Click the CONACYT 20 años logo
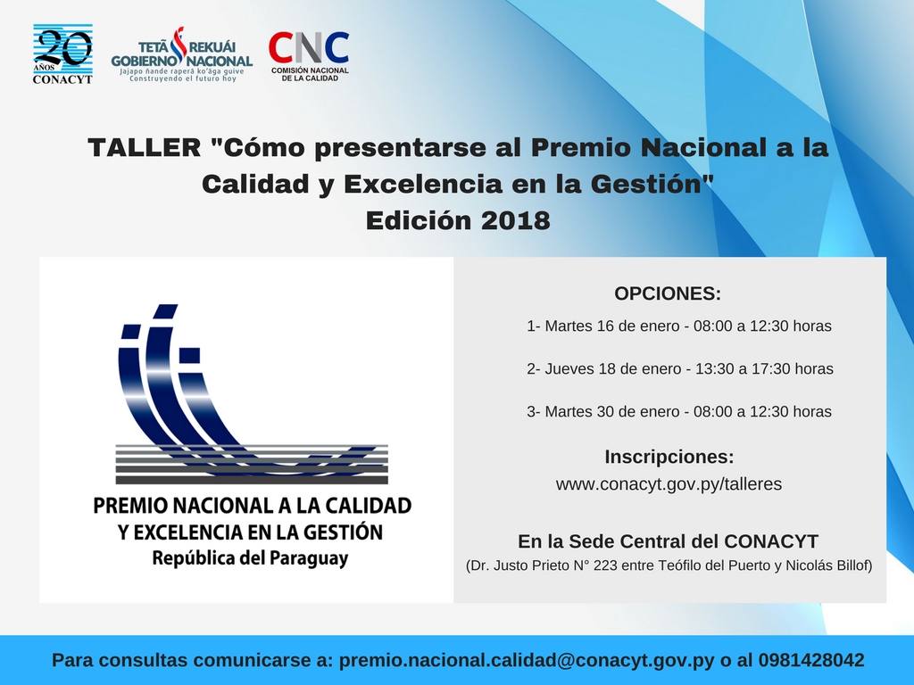(62, 54)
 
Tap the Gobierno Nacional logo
(182, 54)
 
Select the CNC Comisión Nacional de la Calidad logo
(309, 56)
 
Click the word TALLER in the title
(145, 147)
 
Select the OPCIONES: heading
(668, 293)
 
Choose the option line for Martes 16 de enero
(679, 326)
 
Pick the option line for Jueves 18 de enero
(679, 368)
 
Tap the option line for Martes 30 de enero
(679, 411)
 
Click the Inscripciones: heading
(669, 457)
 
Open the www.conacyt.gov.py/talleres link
(669, 484)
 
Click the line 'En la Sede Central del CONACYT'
(668, 541)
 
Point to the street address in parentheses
(669, 565)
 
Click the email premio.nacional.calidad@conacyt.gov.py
(527, 661)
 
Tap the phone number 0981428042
(811, 660)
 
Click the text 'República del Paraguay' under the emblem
(250, 558)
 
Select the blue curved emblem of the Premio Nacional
(252, 393)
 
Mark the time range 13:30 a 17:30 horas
(764, 368)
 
